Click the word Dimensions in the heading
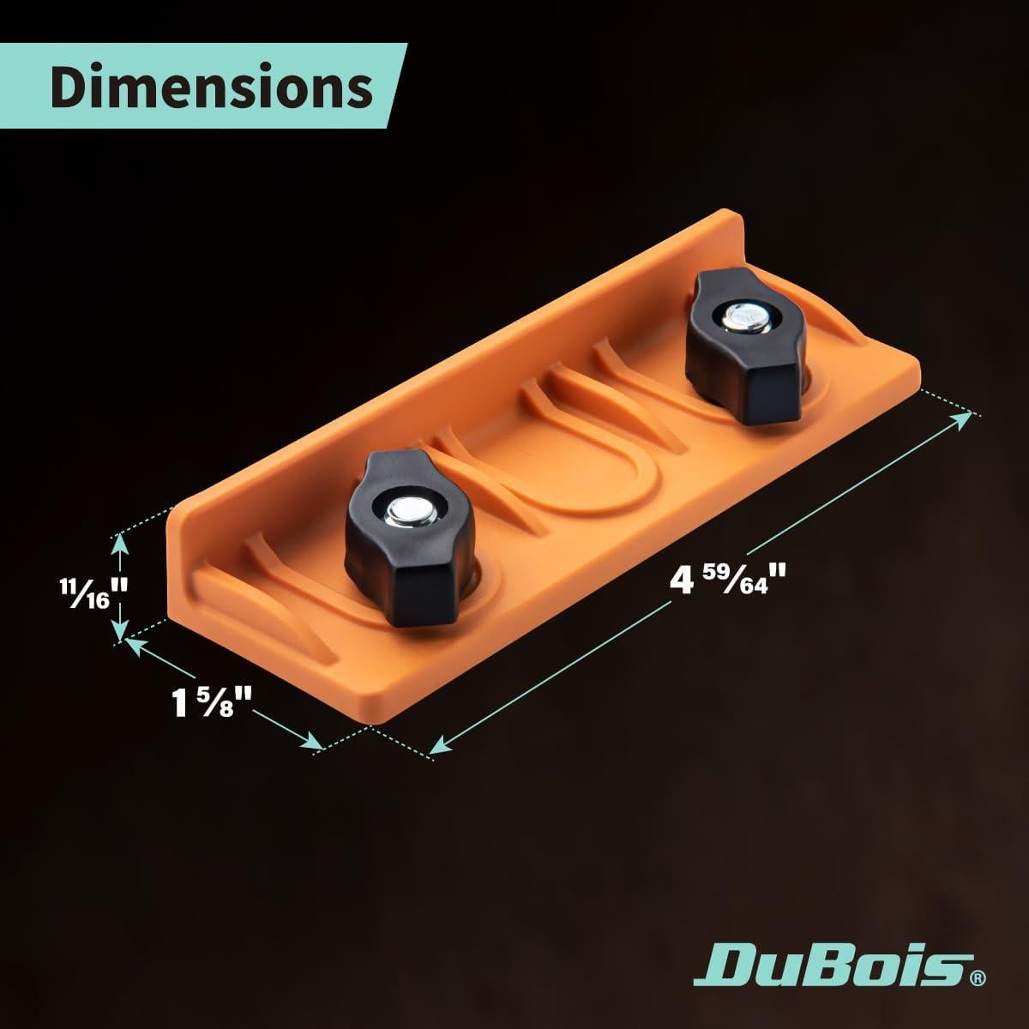tap(211, 88)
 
